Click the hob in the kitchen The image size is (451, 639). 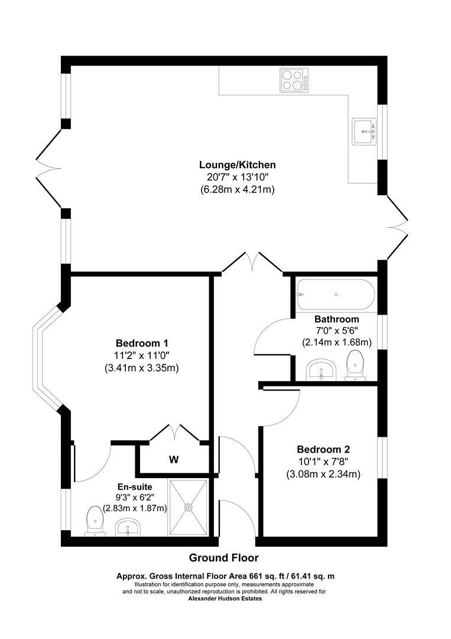(x=294, y=80)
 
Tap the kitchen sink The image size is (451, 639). (x=365, y=131)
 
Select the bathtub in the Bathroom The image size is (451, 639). (x=335, y=295)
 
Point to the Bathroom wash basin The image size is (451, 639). (x=321, y=370)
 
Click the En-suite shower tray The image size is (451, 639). (x=188, y=507)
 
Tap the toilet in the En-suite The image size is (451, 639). (x=95, y=521)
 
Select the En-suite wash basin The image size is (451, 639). (x=128, y=527)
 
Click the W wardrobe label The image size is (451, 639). (x=174, y=460)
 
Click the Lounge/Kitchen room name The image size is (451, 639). (x=237, y=164)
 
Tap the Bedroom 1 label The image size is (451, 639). (x=142, y=343)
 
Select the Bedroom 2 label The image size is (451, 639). (x=323, y=450)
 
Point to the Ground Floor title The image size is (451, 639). (x=224, y=557)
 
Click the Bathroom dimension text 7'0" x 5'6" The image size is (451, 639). (x=336, y=331)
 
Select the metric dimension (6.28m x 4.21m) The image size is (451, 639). (x=237, y=189)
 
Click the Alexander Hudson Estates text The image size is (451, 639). (x=225, y=599)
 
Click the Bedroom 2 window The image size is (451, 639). (x=382, y=458)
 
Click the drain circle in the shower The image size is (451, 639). (x=188, y=507)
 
